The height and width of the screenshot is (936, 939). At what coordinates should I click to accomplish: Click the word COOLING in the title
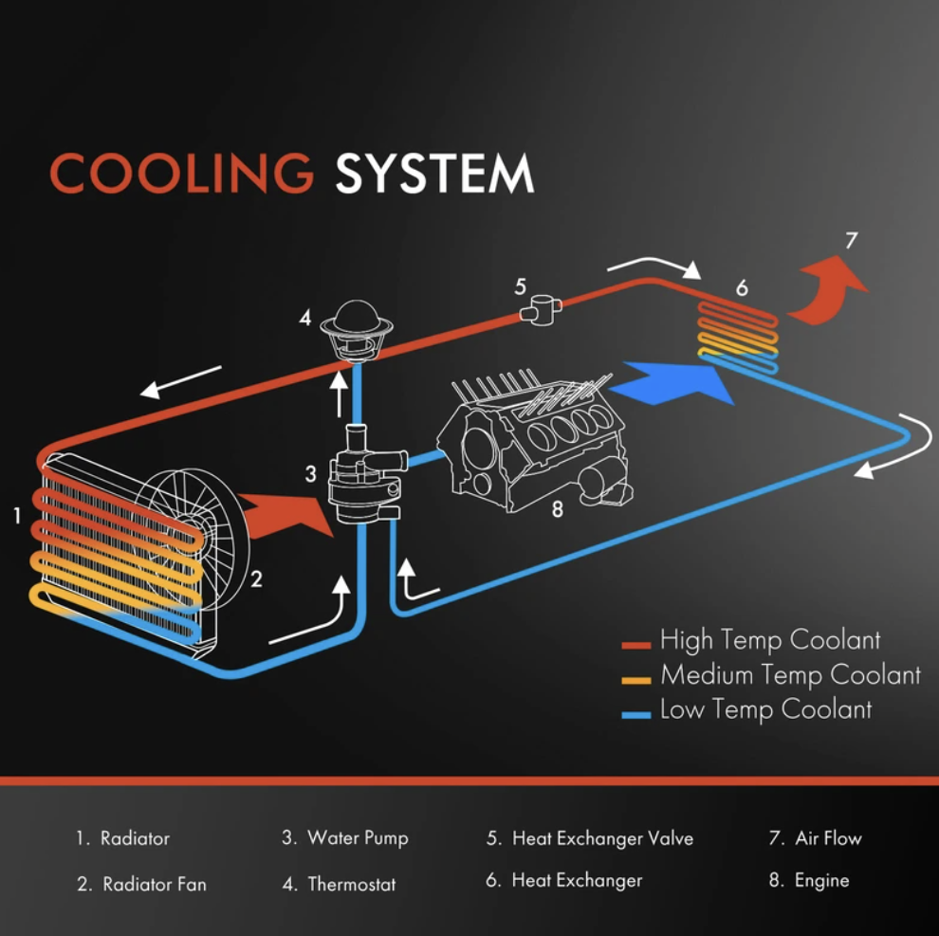pyautogui.click(x=181, y=173)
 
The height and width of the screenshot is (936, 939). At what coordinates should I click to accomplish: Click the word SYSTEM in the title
pyautogui.click(x=434, y=173)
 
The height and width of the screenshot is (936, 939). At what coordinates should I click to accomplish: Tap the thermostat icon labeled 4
pyautogui.click(x=357, y=331)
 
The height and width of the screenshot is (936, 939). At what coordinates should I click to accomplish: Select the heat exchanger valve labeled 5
pyautogui.click(x=541, y=309)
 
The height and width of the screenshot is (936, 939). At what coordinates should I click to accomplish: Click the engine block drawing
pyautogui.click(x=533, y=443)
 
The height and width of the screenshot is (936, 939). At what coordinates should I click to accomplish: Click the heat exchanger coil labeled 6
pyautogui.click(x=738, y=337)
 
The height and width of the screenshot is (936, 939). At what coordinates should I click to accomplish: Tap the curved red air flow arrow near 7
pyautogui.click(x=829, y=290)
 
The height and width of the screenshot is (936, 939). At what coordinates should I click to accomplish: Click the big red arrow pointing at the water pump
pyautogui.click(x=286, y=515)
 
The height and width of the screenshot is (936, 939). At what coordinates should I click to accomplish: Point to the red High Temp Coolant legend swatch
pyautogui.click(x=636, y=645)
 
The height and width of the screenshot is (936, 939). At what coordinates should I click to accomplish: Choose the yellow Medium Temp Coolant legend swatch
pyautogui.click(x=636, y=680)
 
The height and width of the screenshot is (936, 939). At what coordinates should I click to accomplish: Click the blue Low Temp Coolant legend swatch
pyautogui.click(x=636, y=715)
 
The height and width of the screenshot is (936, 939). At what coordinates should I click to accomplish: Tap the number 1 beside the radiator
pyautogui.click(x=17, y=516)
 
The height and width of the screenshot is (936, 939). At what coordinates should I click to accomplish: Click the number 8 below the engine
pyautogui.click(x=558, y=509)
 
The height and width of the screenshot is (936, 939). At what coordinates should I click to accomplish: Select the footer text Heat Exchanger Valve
pyautogui.click(x=602, y=838)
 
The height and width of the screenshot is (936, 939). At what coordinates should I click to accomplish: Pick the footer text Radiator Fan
pyautogui.click(x=155, y=884)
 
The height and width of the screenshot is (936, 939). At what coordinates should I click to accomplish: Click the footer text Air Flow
pyautogui.click(x=828, y=837)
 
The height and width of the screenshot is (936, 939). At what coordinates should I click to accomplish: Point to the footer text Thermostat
pyautogui.click(x=352, y=884)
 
